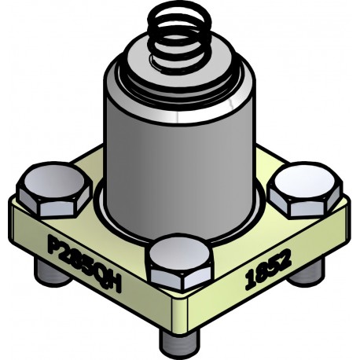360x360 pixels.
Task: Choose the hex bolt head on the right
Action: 306,191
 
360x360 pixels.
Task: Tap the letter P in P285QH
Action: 54,242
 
